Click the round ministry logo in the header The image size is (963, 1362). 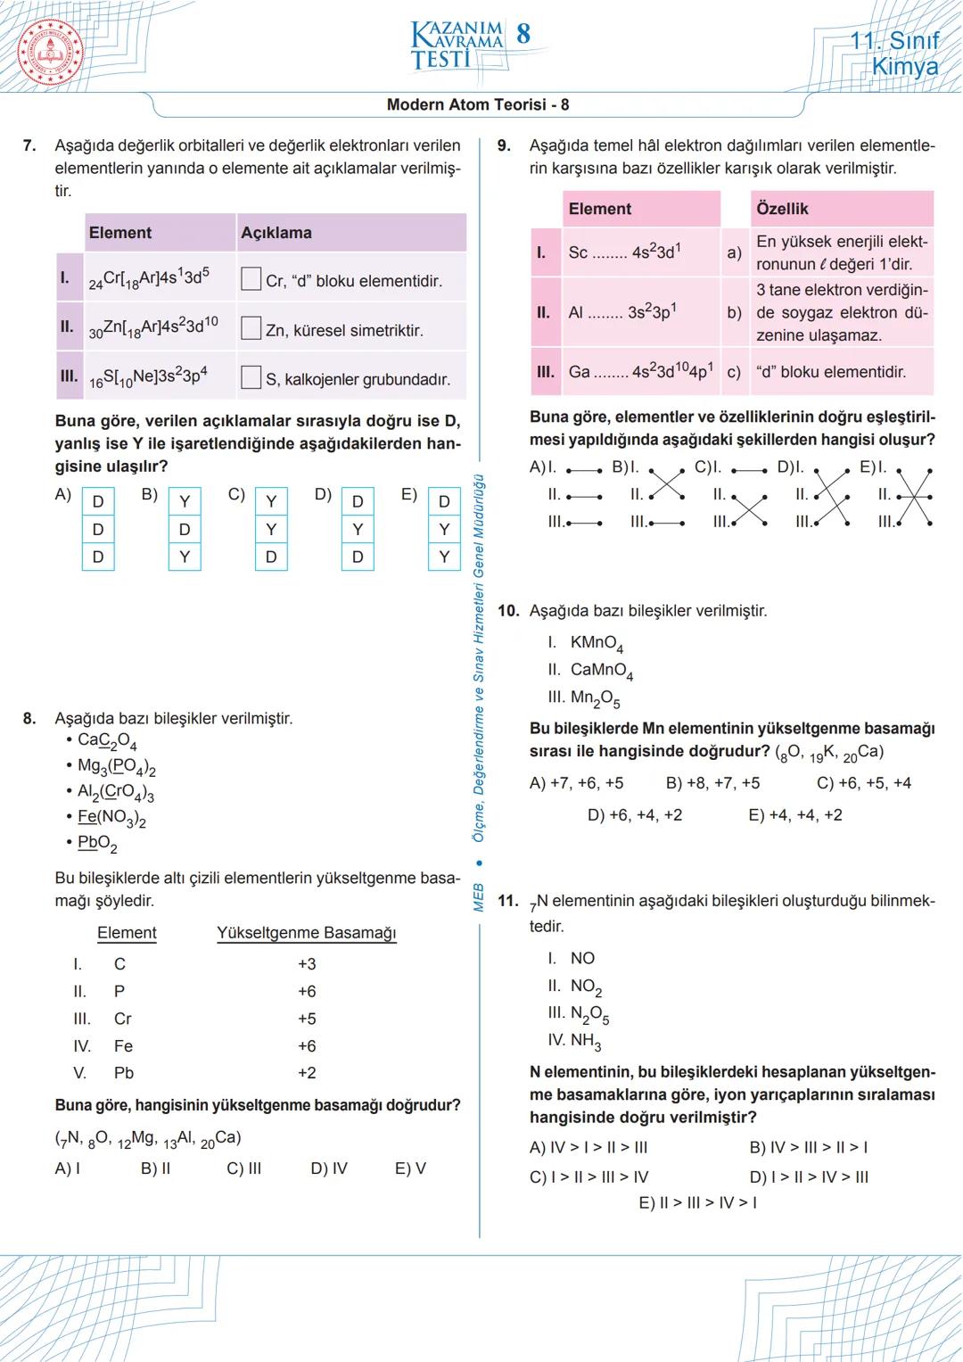tap(51, 51)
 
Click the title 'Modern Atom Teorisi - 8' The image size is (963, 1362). tap(477, 104)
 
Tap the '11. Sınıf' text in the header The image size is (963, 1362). tap(894, 41)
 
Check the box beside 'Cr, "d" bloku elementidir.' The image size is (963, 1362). tap(251, 279)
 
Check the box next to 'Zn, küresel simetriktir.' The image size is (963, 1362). tap(251, 328)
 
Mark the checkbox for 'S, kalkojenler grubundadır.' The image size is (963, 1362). tap(251, 377)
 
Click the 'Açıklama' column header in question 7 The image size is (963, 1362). tap(276, 233)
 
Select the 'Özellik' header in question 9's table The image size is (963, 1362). tap(782, 209)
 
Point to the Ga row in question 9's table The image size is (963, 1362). tap(640, 372)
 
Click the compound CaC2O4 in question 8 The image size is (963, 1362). tap(106, 740)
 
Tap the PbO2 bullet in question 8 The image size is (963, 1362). tap(96, 843)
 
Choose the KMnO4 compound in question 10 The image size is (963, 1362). tap(596, 643)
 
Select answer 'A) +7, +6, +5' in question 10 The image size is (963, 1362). tap(576, 783)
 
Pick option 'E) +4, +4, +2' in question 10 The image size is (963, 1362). tap(794, 815)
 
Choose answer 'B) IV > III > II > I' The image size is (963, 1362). tap(808, 1148)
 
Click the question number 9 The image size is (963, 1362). tap(504, 145)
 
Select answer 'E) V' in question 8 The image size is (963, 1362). tap(410, 1168)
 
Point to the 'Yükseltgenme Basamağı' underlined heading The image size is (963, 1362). tap(306, 933)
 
